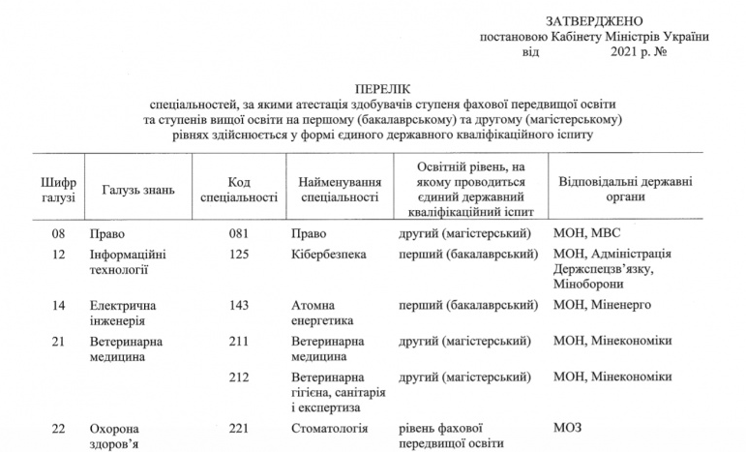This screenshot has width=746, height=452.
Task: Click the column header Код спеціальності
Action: click(x=239, y=190)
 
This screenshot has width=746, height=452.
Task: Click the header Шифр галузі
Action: click(x=53, y=190)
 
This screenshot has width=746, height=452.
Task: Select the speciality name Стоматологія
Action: click(x=334, y=427)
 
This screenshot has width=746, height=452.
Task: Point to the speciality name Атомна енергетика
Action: click(x=323, y=313)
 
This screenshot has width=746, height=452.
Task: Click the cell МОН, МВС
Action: click(x=589, y=233)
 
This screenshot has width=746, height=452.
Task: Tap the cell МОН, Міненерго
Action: click(x=601, y=305)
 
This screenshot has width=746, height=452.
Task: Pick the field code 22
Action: click(x=58, y=427)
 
